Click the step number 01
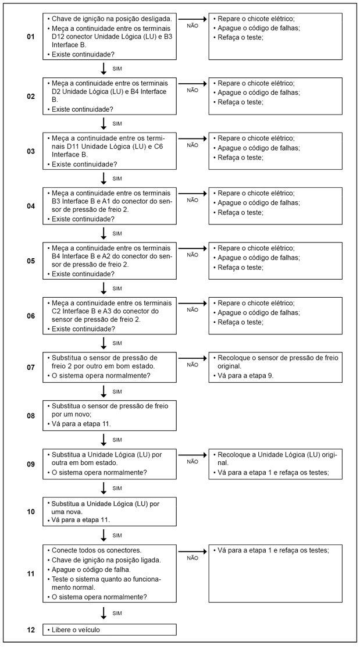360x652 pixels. click(31, 37)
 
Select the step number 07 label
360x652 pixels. click(31, 368)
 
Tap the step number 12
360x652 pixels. click(31, 630)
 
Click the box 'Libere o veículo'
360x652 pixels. click(109, 630)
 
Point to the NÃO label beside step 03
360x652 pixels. click(193, 145)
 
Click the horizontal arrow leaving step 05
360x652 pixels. click(193, 248)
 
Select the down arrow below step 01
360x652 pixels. click(104, 68)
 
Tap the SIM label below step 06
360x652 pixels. click(117, 344)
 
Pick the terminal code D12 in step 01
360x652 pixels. click(59, 37)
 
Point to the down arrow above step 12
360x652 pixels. click(104, 613)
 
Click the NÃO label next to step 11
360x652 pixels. click(193, 558)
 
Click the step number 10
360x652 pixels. click(31, 512)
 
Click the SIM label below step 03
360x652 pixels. click(117, 179)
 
